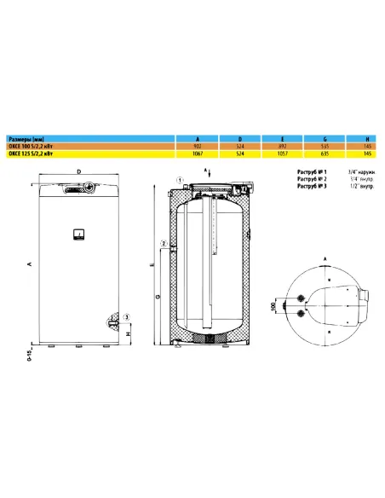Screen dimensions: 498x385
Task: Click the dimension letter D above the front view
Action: (78, 171)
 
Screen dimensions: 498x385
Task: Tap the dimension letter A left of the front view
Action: (30, 265)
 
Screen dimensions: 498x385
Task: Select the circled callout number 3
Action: (126, 318)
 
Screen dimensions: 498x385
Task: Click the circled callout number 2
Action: (163, 245)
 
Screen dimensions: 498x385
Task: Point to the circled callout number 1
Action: (180, 177)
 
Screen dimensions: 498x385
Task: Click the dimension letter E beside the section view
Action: (152, 265)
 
